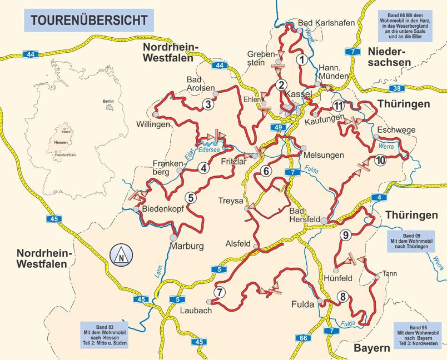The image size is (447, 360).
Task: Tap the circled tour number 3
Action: (x=208, y=103)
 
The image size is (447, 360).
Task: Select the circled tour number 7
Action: (x=220, y=292)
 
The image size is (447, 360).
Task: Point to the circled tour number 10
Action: (x=381, y=161)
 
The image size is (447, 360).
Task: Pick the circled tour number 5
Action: (x=190, y=196)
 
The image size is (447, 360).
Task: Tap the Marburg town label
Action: (x=187, y=246)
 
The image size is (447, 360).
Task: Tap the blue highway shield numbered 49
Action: (x=279, y=128)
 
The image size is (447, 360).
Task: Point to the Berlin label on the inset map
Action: (x=108, y=101)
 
